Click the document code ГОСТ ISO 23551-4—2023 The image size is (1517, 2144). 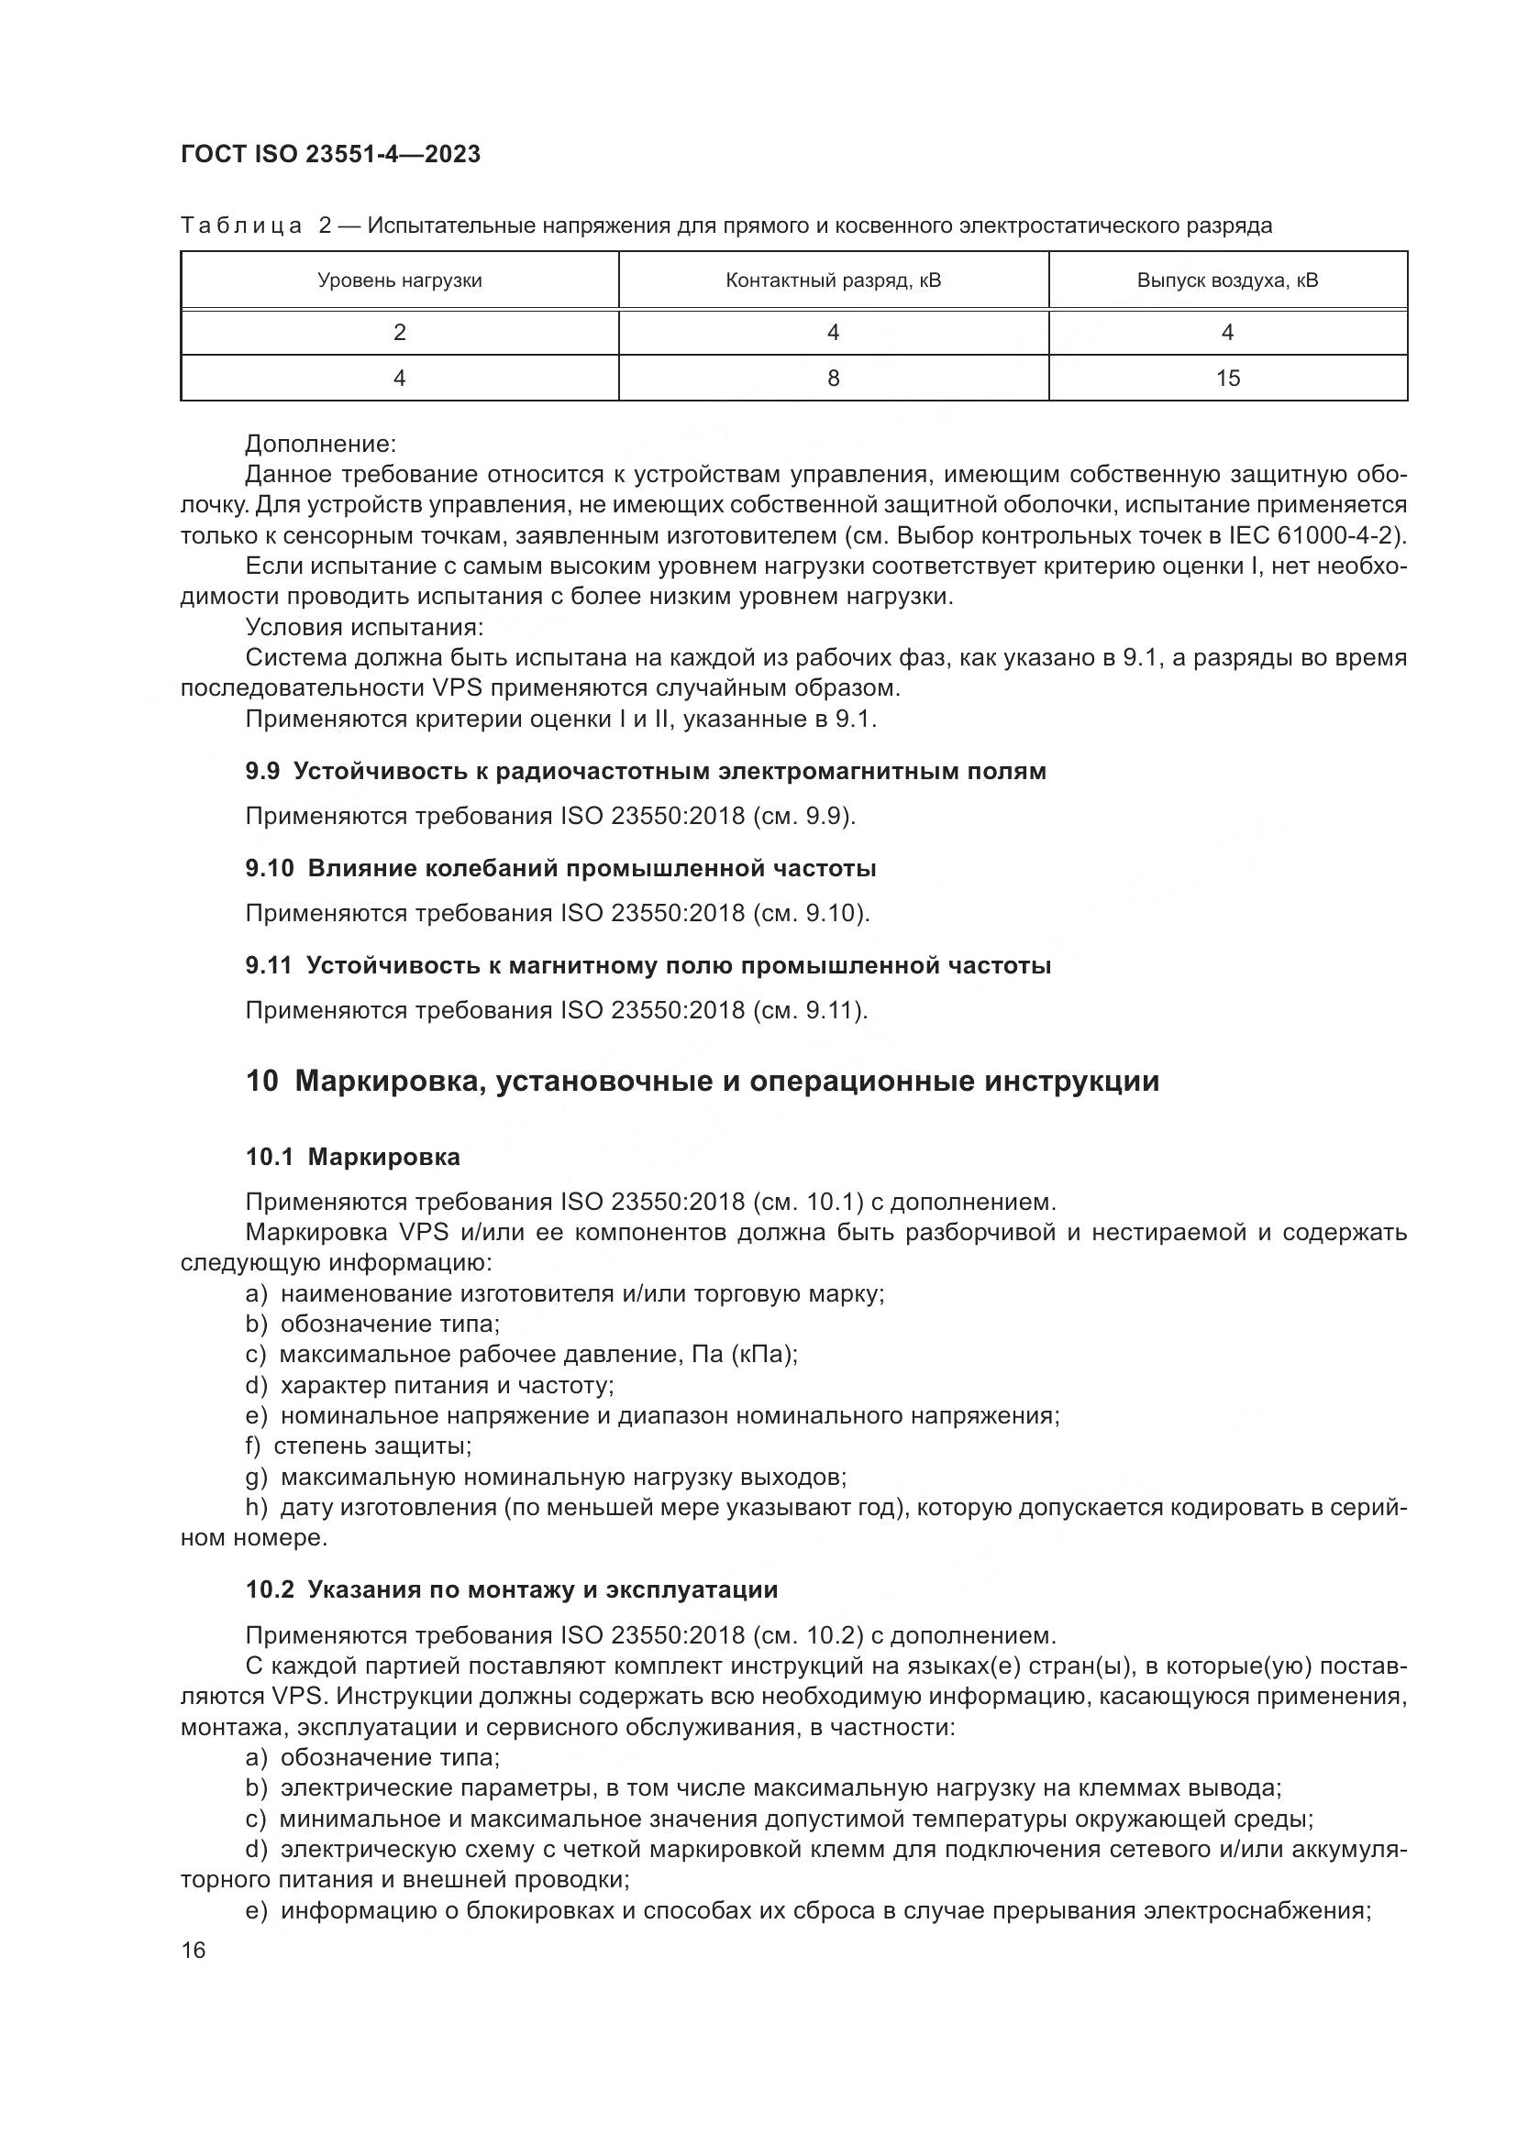(330, 155)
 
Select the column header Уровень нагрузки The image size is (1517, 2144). (399, 280)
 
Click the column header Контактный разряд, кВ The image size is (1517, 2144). (832, 280)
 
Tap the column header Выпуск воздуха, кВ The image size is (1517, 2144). (1226, 280)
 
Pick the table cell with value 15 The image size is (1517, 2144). (1226, 379)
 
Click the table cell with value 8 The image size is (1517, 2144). (832, 379)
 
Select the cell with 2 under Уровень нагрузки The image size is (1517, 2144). (399, 333)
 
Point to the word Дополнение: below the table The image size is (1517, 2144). (320, 444)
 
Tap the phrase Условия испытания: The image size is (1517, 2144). (363, 628)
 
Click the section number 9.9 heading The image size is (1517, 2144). (264, 771)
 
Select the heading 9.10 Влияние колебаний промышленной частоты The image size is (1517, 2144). (560, 868)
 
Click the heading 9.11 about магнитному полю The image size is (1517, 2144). (648, 965)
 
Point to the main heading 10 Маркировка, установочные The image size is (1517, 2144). (702, 1082)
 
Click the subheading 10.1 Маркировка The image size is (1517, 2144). (352, 1157)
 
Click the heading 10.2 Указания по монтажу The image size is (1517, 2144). (511, 1589)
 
